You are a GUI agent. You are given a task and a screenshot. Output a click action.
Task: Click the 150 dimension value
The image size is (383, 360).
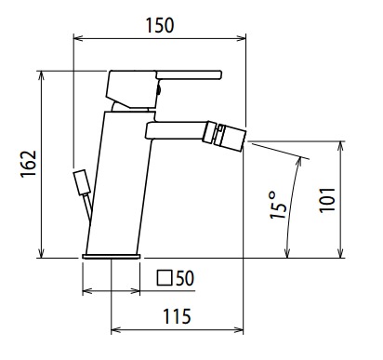tap(160, 25)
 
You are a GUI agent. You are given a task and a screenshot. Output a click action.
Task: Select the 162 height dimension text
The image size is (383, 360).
tap(29, 164)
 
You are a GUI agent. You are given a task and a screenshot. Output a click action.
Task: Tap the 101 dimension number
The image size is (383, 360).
tap(327, 200)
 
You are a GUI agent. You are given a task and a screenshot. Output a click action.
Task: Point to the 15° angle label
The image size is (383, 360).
tap(277, 205)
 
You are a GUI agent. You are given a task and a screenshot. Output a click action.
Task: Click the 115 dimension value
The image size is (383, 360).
tap(177, 316)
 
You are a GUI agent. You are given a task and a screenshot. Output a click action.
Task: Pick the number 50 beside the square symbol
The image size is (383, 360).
tap(185, 278)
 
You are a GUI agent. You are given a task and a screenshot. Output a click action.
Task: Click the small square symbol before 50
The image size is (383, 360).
tap(165, 278)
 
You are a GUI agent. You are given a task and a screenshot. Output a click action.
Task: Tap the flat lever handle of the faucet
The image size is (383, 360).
tap(189, 74)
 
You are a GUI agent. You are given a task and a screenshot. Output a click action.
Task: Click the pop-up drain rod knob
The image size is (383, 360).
tap(82, 182)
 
